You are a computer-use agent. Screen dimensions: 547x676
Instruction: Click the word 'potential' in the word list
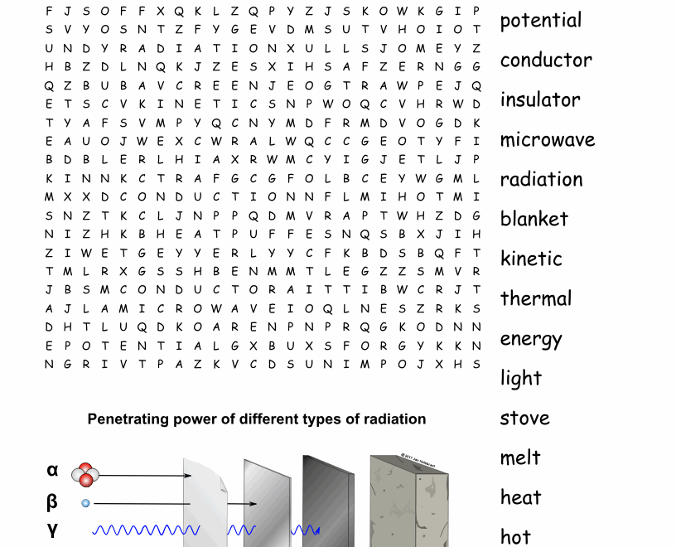pos(540,21)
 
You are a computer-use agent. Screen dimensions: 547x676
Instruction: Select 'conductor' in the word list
pos(545,60)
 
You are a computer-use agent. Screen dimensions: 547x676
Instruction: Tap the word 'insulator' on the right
pos(539,99)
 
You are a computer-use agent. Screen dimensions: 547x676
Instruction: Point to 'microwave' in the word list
pos(547,139)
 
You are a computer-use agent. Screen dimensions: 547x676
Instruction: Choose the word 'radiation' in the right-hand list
pos(541,179)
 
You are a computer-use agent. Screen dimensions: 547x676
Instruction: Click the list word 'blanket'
pos(534,219)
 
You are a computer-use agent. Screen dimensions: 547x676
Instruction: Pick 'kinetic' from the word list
pos(531,259)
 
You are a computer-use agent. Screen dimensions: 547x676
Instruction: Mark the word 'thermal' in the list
pos(535,298)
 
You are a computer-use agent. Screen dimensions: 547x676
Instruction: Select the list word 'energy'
pos(530,339)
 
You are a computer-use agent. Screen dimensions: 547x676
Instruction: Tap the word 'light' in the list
pos(520,379)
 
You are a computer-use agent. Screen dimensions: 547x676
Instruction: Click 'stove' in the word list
pos(524,418)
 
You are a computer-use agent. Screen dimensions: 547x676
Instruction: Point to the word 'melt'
pos(519,457)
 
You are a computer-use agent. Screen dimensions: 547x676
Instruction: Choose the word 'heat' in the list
pos(520,497)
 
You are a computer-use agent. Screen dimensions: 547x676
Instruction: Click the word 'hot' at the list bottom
pos(514,537)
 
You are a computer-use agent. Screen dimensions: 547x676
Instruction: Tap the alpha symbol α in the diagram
pos(53,471)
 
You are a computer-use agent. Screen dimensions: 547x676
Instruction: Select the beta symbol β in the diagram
pos(53,501)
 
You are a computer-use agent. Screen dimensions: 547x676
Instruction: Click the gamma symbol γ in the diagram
pos(53,530)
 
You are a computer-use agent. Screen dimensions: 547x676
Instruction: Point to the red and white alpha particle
pos(85,475)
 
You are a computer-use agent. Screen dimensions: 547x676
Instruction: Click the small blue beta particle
pos(85,503)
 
